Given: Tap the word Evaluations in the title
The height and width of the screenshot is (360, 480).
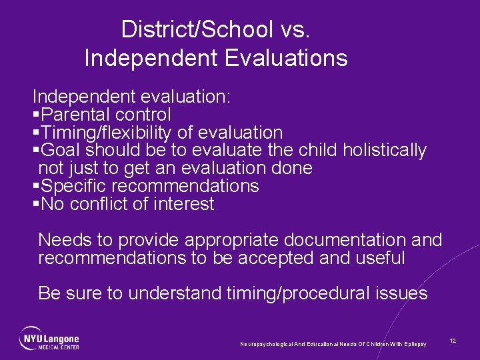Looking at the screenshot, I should tap(286, 58).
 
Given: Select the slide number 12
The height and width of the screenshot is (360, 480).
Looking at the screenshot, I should tap(453, 341).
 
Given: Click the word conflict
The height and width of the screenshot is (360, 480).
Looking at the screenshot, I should tap(105, 204).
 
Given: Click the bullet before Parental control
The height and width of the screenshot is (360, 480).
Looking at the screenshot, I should tap(37, 115).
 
